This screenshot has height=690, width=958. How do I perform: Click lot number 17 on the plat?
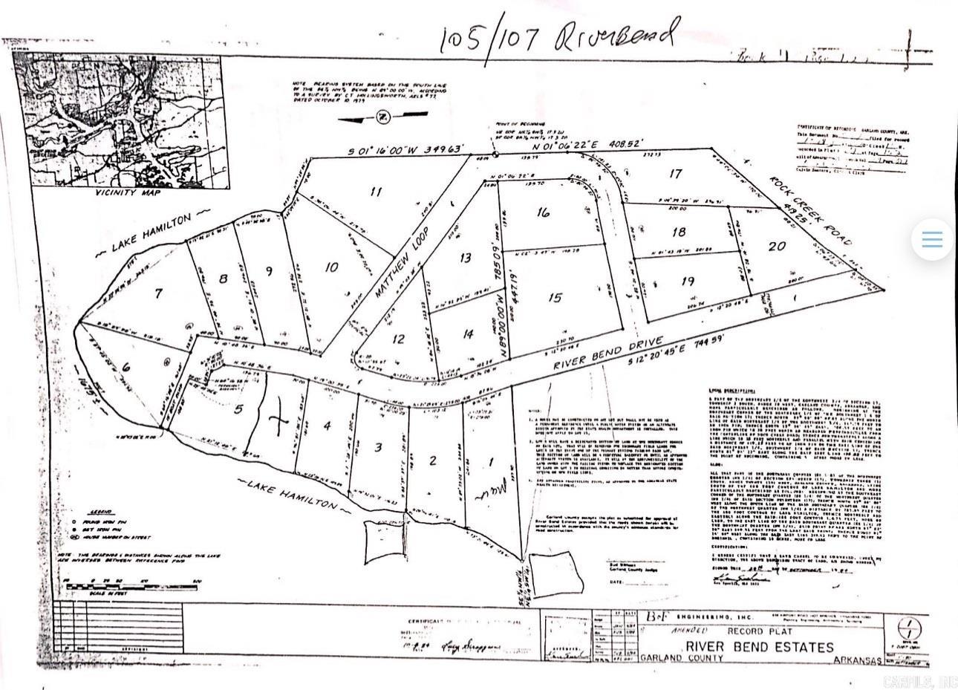pyautogui.click(x=675, y=174)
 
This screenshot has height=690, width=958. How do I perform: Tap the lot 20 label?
pyautogui.click(x=777, y=247)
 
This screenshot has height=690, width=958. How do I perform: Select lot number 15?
pyautogui.click(x=554, y=298)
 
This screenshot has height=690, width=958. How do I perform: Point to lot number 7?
pyautogui.click(x=158, y=294)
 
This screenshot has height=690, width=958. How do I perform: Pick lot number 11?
pyautogui.click(x=376, y=192)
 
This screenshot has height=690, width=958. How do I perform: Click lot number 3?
pyautogui.click(x=378, y=447)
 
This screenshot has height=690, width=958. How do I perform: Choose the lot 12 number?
pyautogui.click(x=398, y=339)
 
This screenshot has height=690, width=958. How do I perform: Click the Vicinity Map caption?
pyautogui.click(x=128, y=192)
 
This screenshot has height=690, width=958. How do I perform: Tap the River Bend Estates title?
pyautogui.click(x=760, y=647)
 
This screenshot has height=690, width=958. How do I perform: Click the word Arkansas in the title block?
pyautogui.click(x=857, y=660)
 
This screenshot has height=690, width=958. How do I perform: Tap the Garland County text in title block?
pyautogui.click(x=691, y=658)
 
